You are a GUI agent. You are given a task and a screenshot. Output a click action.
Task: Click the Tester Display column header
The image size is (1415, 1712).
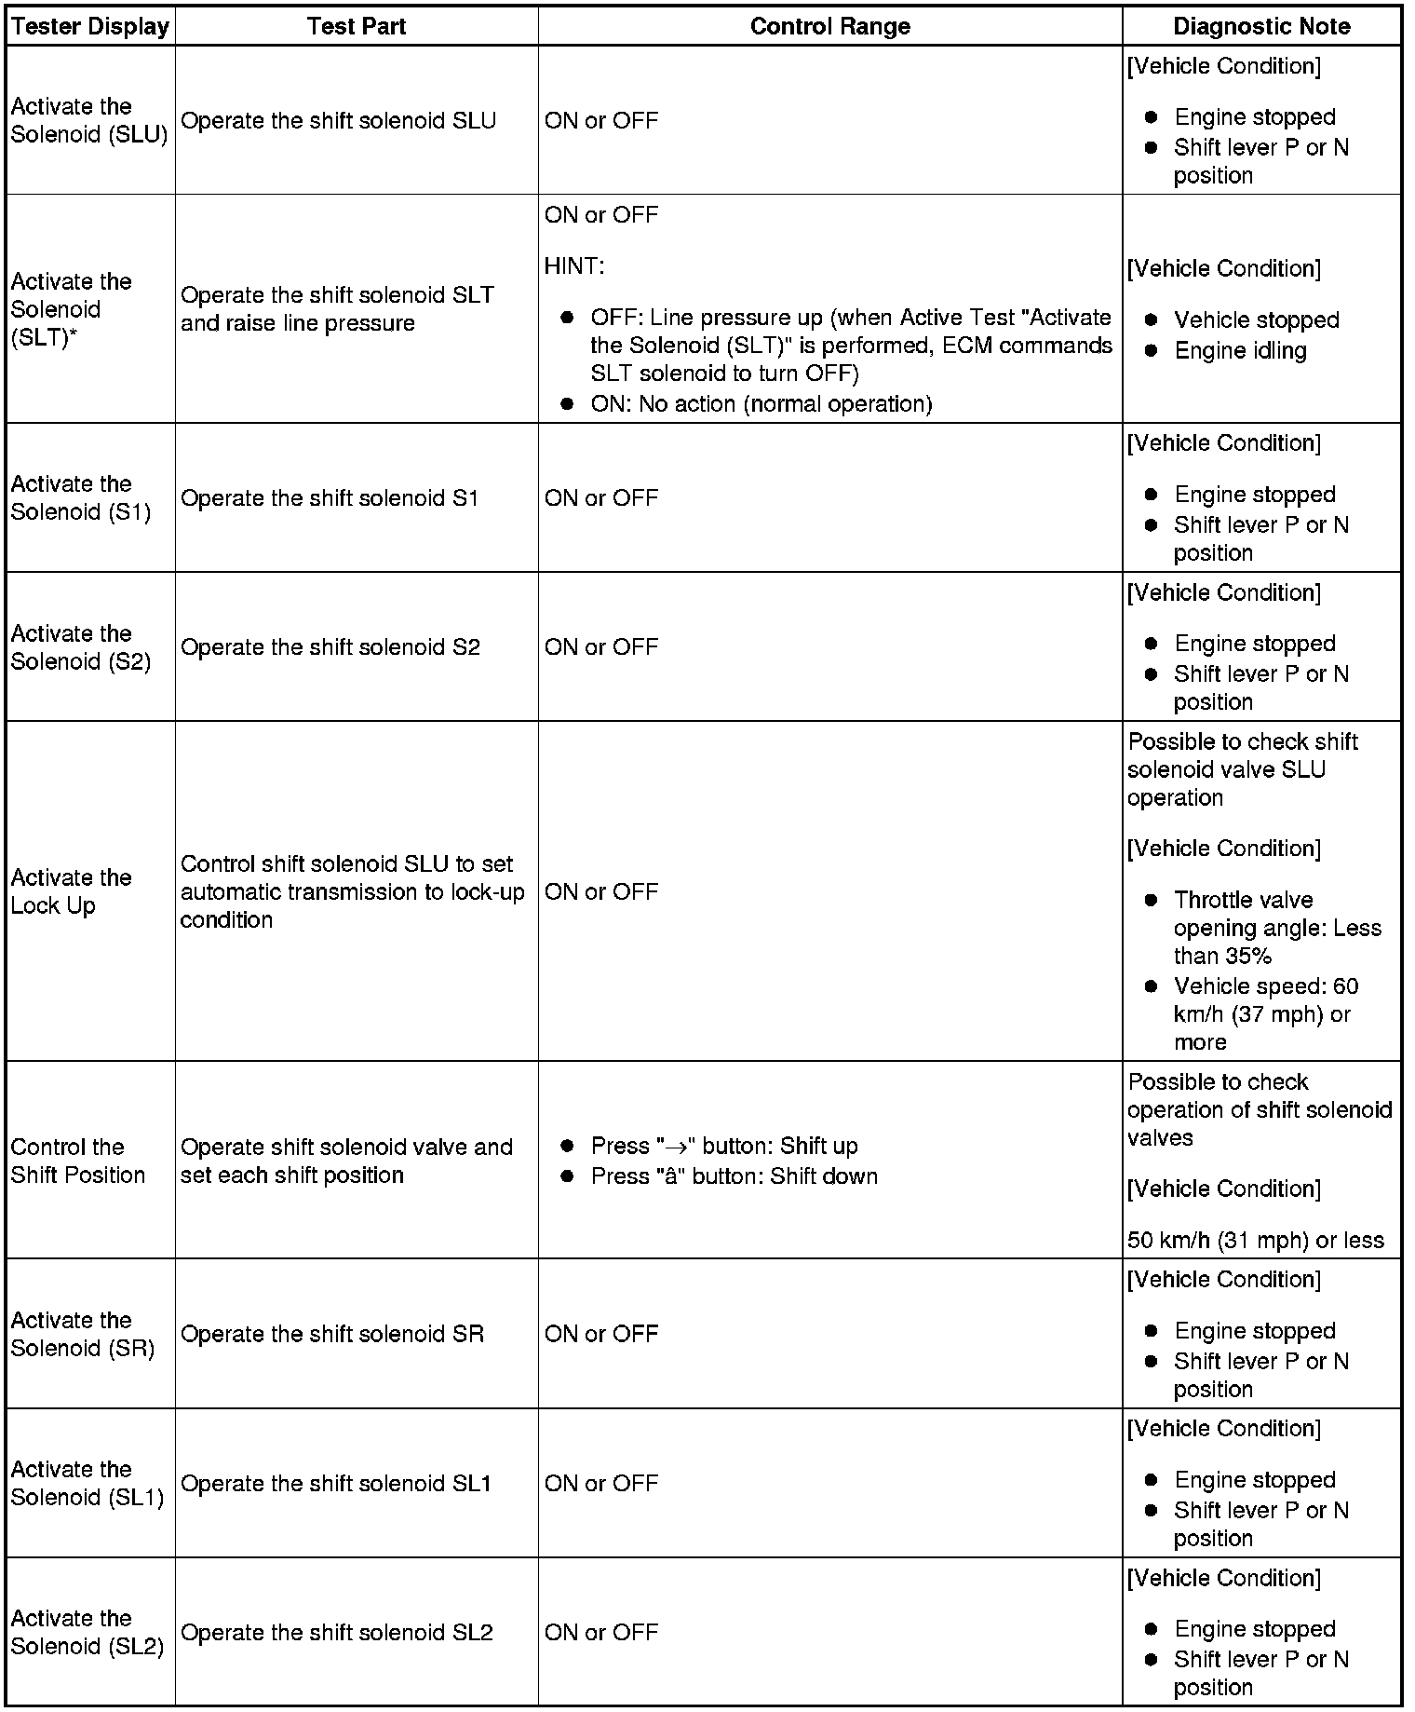click(90, 26)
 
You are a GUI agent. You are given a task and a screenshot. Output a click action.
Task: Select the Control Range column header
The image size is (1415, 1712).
click(829, 26)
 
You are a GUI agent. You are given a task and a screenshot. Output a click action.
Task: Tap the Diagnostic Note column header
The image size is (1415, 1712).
click(1261, 26)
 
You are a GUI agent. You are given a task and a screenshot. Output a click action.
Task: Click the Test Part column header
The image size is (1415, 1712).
click(357, 26)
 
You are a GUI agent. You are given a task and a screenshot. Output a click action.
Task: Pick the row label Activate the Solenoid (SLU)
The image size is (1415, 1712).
click(89, 120)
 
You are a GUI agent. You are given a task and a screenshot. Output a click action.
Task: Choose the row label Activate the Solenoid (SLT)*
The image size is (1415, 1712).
click(71, 309)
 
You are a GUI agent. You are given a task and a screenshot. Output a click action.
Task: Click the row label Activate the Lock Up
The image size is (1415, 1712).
click(71, 891)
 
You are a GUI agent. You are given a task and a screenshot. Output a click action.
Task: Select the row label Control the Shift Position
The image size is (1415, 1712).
click(78, 1161)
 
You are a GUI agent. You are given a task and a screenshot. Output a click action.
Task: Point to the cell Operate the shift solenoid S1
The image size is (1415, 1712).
click(330, 498)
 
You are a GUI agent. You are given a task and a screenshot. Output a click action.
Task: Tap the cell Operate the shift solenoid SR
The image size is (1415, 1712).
click(332, 1334)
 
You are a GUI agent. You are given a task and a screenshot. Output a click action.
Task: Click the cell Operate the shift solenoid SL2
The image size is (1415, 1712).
click(336, 1632)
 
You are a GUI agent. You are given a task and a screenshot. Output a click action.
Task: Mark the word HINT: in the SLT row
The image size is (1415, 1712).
click(574, 266)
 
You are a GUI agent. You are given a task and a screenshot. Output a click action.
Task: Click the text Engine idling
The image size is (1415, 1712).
click(1240, 351)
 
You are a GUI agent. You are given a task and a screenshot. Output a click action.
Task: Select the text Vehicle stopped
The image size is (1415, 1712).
click(1256, 320)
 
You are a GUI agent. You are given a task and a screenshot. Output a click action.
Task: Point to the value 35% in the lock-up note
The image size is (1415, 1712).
click(1247, 957)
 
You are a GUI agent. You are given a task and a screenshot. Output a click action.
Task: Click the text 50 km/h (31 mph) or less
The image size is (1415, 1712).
click(1255, 1241)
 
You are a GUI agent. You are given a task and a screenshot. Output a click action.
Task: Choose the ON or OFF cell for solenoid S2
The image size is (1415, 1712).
click(601, 647)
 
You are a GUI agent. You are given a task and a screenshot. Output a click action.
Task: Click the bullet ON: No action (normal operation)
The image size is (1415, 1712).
click(761, 404)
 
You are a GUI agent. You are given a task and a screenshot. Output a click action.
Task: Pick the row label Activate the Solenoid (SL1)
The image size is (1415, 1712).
click(88, 1483)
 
